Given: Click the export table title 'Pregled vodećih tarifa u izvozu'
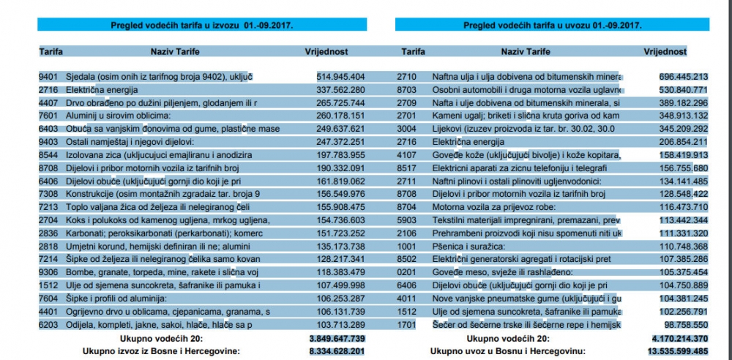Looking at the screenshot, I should [202, 25].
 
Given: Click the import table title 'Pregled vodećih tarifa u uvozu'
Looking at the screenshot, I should [553, 25].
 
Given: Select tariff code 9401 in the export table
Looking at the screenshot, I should [48, 76].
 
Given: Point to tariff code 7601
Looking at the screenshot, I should [48, 116].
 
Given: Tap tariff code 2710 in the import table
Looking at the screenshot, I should [407, 76].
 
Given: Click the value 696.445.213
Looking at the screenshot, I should [683, 76].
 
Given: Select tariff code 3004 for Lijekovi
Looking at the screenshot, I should [407, 129].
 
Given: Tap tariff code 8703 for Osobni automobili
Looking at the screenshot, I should [407, 89].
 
